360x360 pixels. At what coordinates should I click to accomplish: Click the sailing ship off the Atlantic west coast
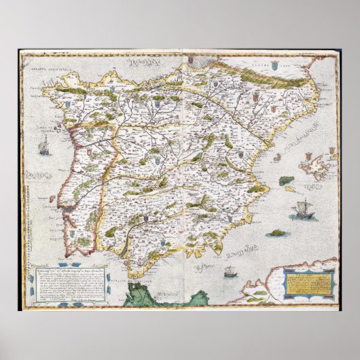44,145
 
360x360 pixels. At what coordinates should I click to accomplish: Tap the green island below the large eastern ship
276,233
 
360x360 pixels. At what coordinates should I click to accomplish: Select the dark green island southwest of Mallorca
287,181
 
